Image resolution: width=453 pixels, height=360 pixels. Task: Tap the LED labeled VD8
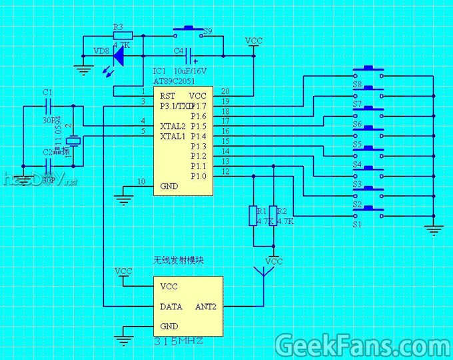(x=118, y=58)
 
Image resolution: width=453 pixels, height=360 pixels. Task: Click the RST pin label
(x=167, y=96)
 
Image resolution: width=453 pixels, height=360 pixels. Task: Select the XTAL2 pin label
(x=172, y=126)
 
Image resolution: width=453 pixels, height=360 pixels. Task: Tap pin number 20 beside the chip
(x=225, y=91)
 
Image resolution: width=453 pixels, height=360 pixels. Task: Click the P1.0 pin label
(x=199, y=176)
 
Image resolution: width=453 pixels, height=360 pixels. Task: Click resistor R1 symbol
(x=252, y=215)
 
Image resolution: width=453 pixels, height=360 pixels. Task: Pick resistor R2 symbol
(x=272, y=215)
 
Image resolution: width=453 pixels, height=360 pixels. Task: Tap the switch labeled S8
(x=368, y=72)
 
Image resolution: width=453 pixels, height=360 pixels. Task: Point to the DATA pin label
(x=171, y=307)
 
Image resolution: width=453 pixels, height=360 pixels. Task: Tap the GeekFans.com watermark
(x=362, y=345)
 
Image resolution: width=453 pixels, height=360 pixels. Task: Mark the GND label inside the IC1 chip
(x=169, y=187)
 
